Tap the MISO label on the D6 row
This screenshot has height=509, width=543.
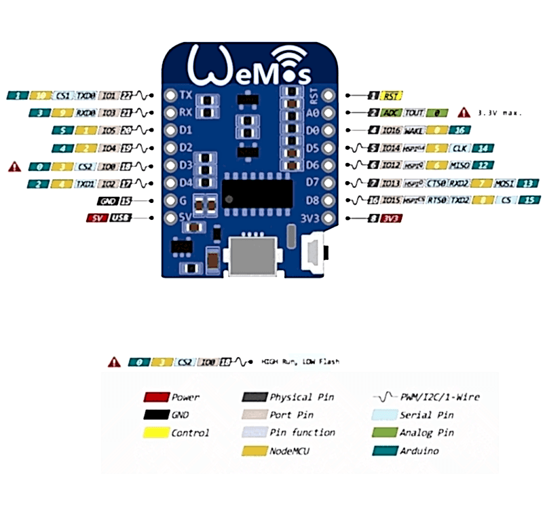(x=458, y=165)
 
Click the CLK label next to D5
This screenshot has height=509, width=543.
(x=460, y=147)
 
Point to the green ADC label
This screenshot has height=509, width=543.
(x=391, y=113)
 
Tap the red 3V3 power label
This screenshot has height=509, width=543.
(x=390, y=219)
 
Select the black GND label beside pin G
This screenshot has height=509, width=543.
(x=107, y=201)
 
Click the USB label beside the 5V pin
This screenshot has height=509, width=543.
(x=119, y=219)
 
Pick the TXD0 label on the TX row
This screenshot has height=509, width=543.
(x=86, y=96)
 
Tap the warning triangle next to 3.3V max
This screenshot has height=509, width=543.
(x=464, y=112)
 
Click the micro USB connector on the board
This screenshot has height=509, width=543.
(x=252, y=256)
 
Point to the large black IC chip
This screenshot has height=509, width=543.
(x=258, y=192)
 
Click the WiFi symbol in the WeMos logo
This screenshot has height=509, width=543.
(x=291, y=56)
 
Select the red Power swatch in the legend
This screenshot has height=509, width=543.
(x=156, y=397)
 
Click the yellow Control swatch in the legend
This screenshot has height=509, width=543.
(x=156, y=432)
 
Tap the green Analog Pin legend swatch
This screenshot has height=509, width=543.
(x=384, y=432)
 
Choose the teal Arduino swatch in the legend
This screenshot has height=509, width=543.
(x=384, y=451)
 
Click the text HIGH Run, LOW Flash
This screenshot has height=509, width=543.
(x=300, y=362)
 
